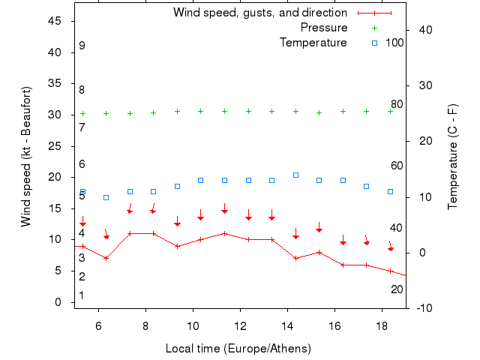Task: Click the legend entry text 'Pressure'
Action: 324,28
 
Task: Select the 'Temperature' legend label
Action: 313,43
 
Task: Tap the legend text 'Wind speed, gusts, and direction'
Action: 260,13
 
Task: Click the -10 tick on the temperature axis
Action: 424,308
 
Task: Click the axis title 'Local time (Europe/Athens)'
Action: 238,349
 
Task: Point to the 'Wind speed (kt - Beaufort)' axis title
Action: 27,157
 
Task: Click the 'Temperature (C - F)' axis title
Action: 454,157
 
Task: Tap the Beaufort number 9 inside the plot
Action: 82,46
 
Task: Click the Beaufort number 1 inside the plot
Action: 82,295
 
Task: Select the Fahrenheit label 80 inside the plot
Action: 397,103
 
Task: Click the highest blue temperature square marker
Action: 295,175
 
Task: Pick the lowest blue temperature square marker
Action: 106,197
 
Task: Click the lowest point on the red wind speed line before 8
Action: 106,258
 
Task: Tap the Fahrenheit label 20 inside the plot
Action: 397,289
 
